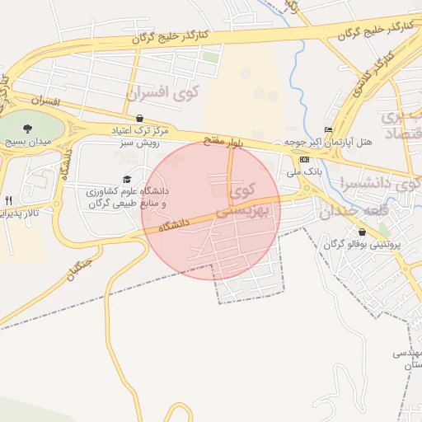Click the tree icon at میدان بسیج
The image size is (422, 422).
(x=27, y=129)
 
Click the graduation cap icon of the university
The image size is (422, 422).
(x=126, y=179)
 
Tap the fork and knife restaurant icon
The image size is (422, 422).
(x=9, y=199)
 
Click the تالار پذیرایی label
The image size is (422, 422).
(x=16, y=213)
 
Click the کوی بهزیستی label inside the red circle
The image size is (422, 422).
(x=240, y=202)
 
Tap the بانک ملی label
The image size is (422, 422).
(x=303, y=173)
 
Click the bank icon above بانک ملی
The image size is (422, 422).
(x=305, y=159)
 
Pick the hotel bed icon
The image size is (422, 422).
(x=329, y=129)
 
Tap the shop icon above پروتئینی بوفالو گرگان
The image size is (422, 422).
(x=362, y=232)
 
